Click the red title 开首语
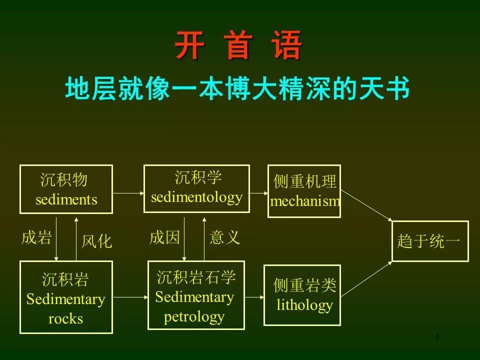(x=238, y=45)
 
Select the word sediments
(x=66, y=199)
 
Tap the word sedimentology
(x=197, y=198)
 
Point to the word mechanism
(x=305, y=201)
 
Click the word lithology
(x=304, y=305)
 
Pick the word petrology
(x=194, y=317)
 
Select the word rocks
(x=66, y=318)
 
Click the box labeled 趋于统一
(x=430, y=241)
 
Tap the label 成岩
(x=36, y=237)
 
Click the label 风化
(x=96, y=241)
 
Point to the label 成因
(x=164, y=237)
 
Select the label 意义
(x=225, y=237)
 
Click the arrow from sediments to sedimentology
(x=128, y=193)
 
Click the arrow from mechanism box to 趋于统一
(x=366, y=205)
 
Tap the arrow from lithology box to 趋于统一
(x=366, y=279)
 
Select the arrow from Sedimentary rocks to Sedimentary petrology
(x=130, y=297)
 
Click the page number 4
(x=437, y=337)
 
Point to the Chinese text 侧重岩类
(x=305, y=285)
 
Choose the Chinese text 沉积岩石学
(x=196, y=277)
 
